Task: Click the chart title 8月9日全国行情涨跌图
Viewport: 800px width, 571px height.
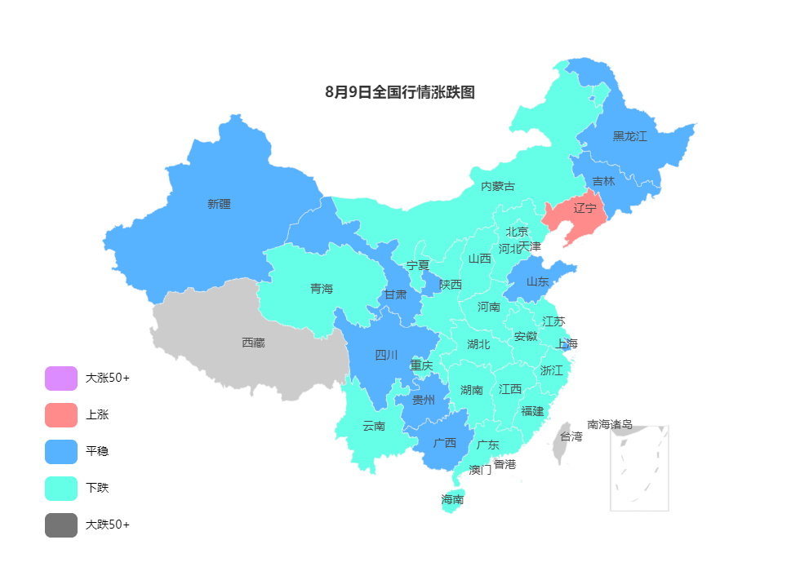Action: (x=399, y=92)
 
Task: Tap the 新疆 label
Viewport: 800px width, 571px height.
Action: (x=219, y=204)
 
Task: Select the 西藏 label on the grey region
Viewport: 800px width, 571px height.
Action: (x=253, y=343)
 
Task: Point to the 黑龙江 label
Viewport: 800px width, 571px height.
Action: (x=629, y=136)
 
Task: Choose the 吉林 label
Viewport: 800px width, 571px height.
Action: (x=603, y=181)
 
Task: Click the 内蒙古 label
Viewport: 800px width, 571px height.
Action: (x=497, y=186)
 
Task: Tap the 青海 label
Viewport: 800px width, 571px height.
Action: (x=322, y=288)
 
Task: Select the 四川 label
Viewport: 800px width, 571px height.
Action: (x=386, y=355)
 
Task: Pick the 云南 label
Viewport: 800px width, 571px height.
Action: (x=374, y=425)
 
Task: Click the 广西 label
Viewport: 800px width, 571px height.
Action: (x=445, y=443)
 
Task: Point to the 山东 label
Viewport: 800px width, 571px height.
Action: (x=537, y=281)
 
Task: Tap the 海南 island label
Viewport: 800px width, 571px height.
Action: (x=452, y=499)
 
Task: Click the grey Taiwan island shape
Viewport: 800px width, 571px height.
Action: (x=561, y=442)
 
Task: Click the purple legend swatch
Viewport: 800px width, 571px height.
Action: (x=61, y=378)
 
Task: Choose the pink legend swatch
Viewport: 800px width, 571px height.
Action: (x=61, y=415)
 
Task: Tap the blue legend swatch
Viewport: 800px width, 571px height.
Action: (x=61, y=452)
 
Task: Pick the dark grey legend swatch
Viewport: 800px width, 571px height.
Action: (x=61, y=525)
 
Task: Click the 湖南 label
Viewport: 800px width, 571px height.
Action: (x=471, y=390)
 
